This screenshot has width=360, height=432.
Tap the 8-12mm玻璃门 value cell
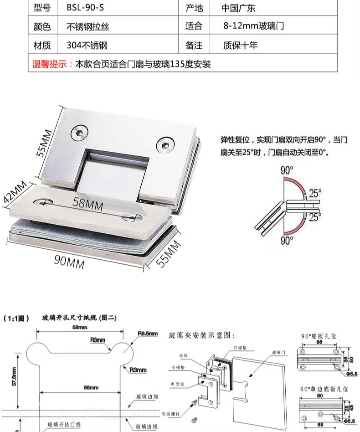click(x=254, y=26)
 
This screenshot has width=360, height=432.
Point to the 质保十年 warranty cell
click(x=240, y=45)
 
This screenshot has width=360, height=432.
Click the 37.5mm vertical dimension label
click(x=13, y=376)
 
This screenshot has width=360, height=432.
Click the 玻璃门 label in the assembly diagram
click(x=278, y=352)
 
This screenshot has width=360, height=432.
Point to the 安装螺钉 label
click(x=170, y=414)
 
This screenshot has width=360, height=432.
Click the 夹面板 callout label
click(x=178, y=384)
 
